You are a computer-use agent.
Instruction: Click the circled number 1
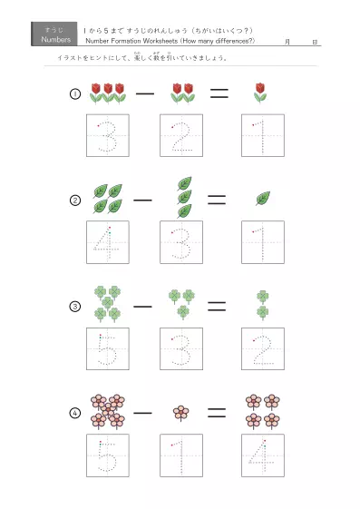75,93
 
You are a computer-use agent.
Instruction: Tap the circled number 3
75,306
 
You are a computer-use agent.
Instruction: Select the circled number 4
75,413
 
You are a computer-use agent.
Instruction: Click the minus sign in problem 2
142,199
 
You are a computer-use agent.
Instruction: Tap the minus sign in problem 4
142,412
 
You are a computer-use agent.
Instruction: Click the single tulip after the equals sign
261,92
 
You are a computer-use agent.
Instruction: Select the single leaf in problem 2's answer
263,198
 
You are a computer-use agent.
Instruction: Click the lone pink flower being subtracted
182,412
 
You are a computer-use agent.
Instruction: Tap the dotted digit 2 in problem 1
182,135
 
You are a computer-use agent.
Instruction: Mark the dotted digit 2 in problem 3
263,348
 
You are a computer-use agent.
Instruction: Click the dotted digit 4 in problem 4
263,455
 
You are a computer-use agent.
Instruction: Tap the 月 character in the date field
287,42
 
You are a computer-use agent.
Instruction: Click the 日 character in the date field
314,42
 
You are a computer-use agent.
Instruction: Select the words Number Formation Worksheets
127,41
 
